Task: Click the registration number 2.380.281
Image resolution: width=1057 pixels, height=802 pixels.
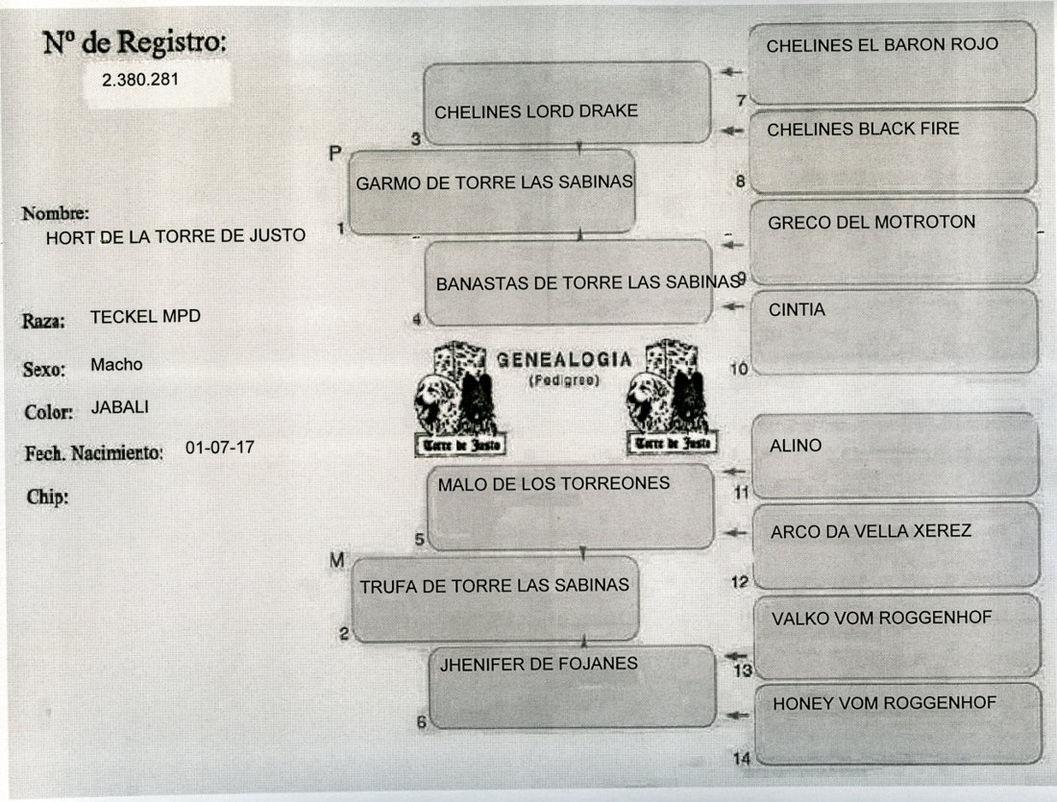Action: coord(140,81)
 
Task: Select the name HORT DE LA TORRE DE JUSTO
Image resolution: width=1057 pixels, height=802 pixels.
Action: coord(176,236)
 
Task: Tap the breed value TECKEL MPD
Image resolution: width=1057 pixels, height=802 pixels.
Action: coord(145,316)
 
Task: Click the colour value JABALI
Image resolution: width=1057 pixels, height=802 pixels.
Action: coord(120,406)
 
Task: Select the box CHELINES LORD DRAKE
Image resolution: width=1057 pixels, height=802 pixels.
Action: coord(567,104)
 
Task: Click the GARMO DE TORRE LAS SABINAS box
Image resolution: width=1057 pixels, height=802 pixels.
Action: coord(492,191)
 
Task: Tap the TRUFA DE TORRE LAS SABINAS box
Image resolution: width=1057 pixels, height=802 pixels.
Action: coord(494,597)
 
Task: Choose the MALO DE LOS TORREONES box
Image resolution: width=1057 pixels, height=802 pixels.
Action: coord(571,506)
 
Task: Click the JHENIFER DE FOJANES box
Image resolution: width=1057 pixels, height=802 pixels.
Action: coord(572,686)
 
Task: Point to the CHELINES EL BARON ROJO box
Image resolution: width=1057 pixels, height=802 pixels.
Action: coord(892,61)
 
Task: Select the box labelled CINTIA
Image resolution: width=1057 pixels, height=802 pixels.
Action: coord(894,330)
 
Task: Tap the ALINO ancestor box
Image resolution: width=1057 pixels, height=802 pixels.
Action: coord(895,455)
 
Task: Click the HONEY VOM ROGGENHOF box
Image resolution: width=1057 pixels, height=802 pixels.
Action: coord(897,722)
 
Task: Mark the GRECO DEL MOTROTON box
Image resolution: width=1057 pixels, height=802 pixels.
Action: coord(893,241)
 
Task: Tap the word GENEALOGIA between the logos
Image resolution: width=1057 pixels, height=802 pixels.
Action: coord(564,360)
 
